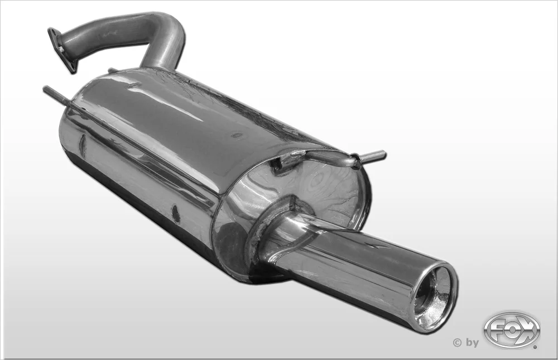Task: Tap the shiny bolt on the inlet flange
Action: (62, 50)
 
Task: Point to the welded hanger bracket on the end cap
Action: (313, 159)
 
